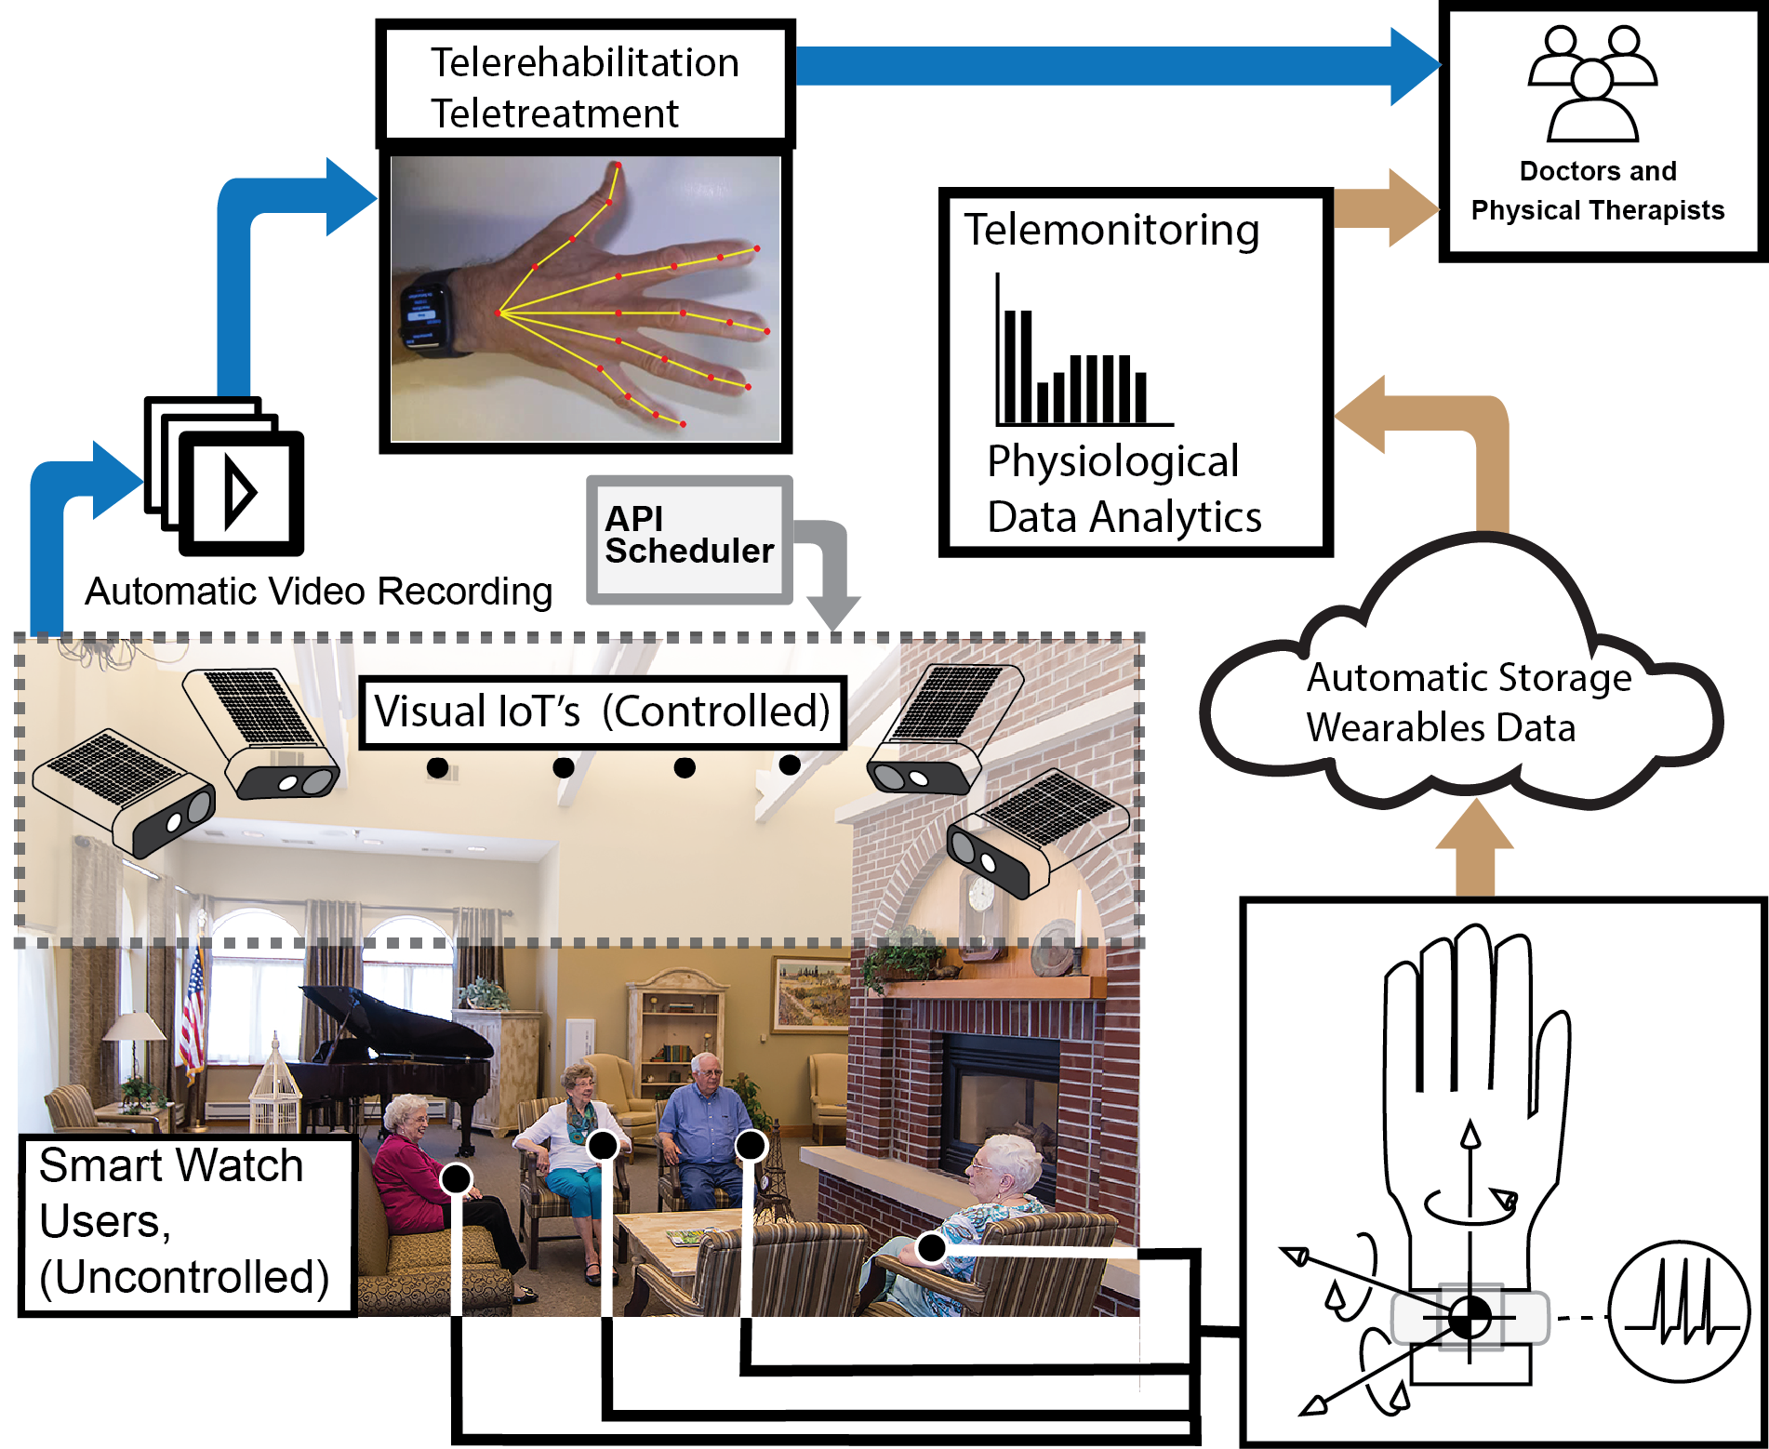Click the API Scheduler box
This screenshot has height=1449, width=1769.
pos(689,538)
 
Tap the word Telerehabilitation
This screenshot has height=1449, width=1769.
pos(584,63)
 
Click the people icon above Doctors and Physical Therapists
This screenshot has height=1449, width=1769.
pos(1592,84)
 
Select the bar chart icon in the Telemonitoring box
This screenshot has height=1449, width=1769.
pos(1079,363)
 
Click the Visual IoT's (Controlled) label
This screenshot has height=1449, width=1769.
pos(602,712)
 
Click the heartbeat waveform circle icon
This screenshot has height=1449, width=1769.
pos(1678,1311)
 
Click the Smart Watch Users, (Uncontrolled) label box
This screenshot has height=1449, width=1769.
pos(186,1223)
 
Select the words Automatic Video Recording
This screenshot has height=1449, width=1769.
pos(318,592)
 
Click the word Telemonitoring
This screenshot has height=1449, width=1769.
pos(1111,230)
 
